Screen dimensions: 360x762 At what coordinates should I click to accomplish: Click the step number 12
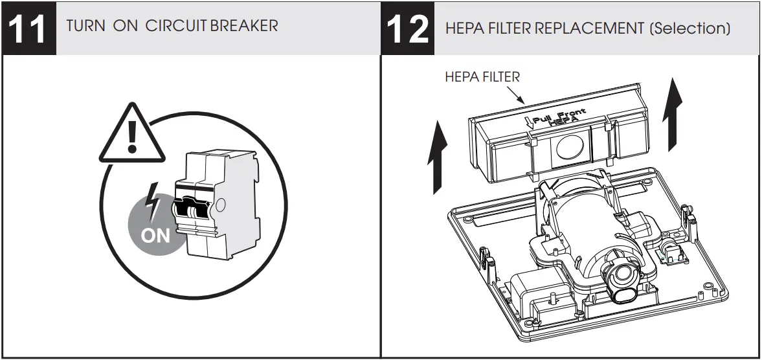click(x=407, y=29)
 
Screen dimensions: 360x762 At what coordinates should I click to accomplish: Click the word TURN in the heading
click(x=83, y=26)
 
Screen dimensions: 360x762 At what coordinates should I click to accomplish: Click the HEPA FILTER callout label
click(x=482, y=77)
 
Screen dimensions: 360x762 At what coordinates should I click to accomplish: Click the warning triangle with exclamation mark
click(x=132, y=134)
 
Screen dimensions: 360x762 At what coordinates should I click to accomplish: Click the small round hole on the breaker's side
click(x=221, y=207)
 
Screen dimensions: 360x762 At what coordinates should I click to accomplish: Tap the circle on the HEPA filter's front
click(x=567, y=148)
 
